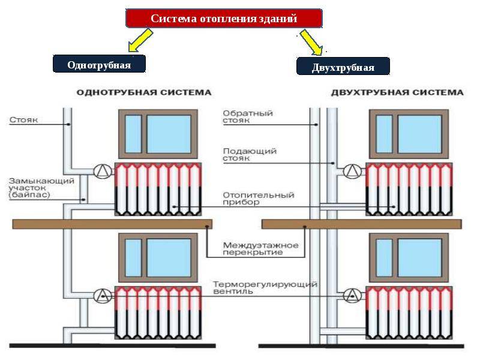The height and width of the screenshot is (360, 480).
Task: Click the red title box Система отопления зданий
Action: [x=224, y=19]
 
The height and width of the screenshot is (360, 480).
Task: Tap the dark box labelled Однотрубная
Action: [x=99, y=64]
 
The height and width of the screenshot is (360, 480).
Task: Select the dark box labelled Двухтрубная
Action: [x=343, y=67]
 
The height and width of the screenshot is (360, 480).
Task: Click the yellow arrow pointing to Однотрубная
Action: [x=140, y=40]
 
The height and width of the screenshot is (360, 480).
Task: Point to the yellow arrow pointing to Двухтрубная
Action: [x=311, y=42]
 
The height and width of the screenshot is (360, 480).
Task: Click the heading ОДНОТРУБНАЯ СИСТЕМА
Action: [x=144, y=92]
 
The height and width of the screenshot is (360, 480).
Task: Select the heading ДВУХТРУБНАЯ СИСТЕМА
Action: [x=397, y=92]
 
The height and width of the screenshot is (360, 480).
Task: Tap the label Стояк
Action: [x=23, y=119]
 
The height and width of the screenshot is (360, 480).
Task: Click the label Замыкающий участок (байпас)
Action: [x=41, y=188]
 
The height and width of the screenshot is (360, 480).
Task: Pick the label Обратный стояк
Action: [x=248, y=116]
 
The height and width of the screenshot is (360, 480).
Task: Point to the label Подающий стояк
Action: [x=250, y=155]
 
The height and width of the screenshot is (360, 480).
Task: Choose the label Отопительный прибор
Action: [x=259, y=199]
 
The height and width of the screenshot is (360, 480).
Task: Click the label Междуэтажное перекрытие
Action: [x=260, y=248]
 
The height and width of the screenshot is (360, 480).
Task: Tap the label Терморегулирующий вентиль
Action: [x=265, y=288]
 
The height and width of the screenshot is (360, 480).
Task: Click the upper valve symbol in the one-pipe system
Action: [x=103, y=171]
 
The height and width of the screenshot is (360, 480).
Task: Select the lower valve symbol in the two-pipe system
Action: [x=352, y=295]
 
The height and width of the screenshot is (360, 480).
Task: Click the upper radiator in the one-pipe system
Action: [x=158, y=189]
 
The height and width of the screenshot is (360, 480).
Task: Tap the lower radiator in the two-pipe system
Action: [x=409, y=313]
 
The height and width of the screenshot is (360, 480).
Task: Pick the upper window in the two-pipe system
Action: [x=409, y=134]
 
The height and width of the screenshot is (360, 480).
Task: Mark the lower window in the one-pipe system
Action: [x=158, y=258]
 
